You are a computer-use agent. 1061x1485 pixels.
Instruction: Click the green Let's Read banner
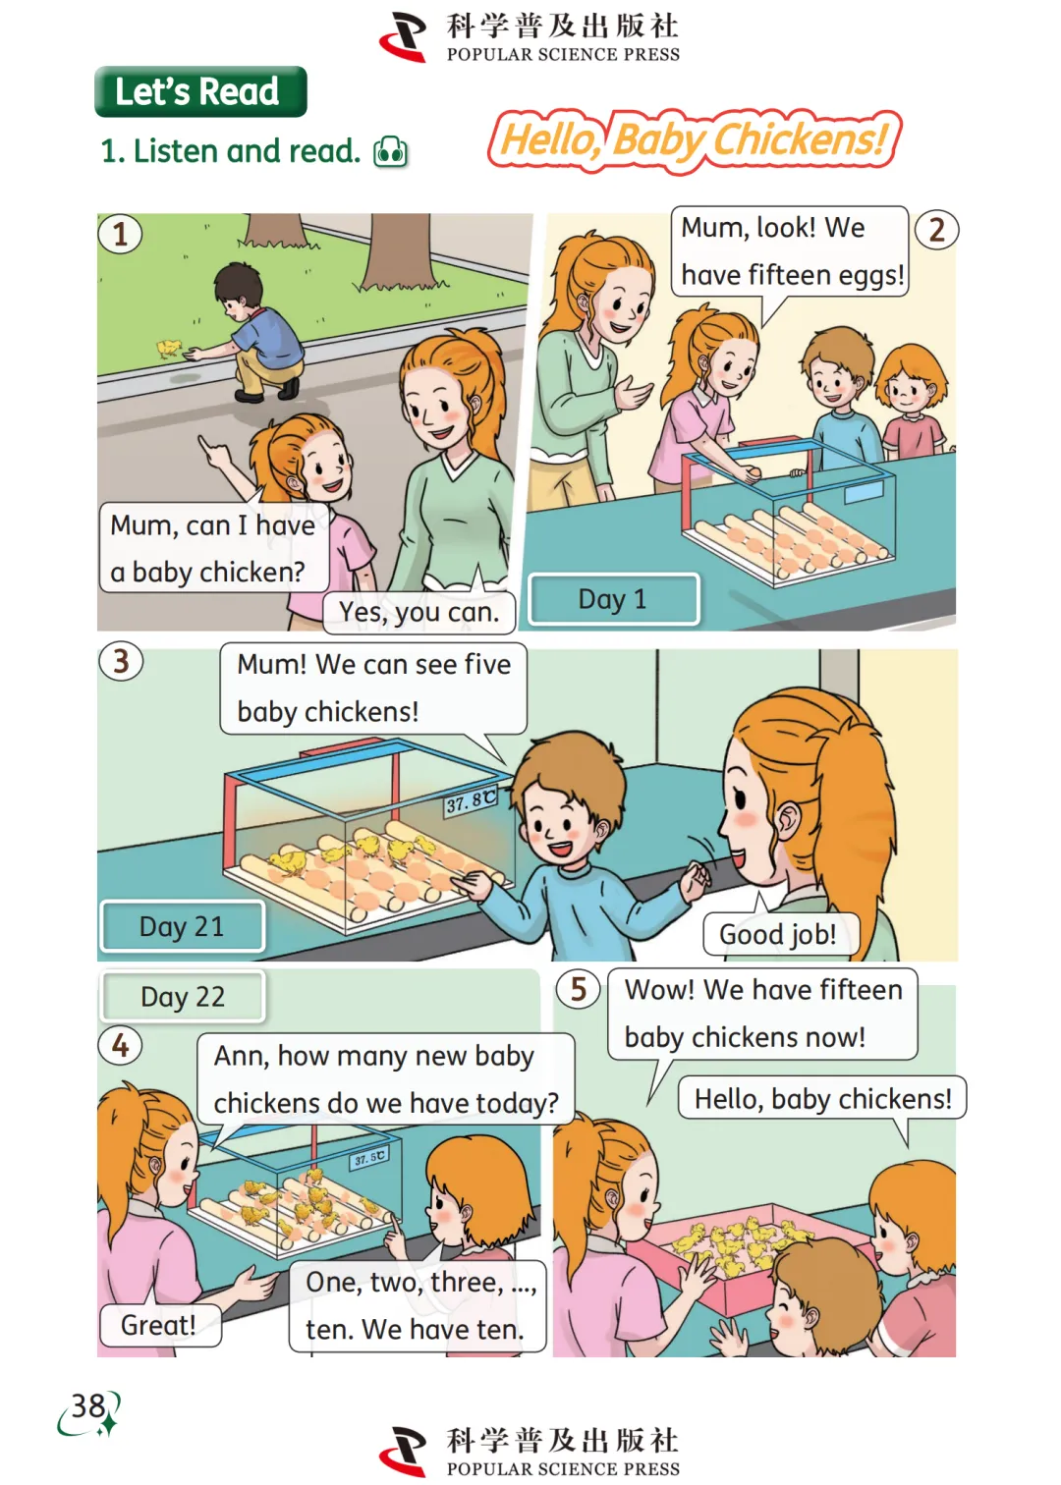(200, 91)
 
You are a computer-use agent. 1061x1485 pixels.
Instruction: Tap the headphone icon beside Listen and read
(391, 152)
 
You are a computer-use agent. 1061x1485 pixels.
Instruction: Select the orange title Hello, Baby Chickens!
(695, 140)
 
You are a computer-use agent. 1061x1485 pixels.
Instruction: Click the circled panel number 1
(120, 234)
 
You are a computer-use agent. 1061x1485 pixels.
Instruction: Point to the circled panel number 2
(936, 230)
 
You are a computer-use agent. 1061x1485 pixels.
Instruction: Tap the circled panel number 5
(579, 989)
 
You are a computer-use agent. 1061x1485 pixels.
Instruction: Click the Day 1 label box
(613, 599)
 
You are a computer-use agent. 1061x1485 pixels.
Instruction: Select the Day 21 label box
(183, 926)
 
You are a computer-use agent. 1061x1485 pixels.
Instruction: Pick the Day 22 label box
(183, 997)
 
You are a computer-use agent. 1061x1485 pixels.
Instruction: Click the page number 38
(88, 1405)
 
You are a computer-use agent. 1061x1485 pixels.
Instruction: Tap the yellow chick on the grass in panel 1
(168, 348)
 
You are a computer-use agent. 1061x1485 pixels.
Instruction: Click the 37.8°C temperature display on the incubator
(471, 802)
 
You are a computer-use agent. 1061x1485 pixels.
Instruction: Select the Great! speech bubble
(159, 1325)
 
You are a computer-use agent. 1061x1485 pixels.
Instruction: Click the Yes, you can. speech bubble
(419, 612)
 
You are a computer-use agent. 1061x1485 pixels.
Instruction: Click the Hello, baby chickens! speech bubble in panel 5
(822, 1098)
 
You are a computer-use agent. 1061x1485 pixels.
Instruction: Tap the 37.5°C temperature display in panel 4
(369, 1158)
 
